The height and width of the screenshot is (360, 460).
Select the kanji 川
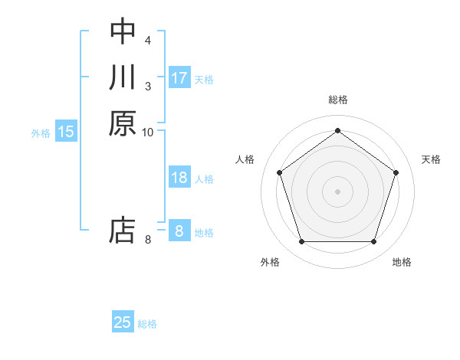point(123,77)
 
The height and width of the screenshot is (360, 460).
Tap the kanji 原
point(123,124)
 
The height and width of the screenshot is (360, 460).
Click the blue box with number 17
point(179,78)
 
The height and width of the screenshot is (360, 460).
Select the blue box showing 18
point(179,178)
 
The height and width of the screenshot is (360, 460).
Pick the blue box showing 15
point(66,132)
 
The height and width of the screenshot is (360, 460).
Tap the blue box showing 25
point(123,322)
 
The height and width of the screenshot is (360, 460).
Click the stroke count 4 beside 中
point(147,39)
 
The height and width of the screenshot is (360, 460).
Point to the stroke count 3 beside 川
point(147,86)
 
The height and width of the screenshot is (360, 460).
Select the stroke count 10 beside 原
point(147,133)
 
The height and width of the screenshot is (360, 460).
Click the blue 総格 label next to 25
point(147,324)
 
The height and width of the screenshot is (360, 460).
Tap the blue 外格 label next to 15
point(41,133)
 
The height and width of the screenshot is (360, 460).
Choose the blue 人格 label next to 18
point(204,179)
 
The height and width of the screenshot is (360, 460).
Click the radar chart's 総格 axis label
point(337,100)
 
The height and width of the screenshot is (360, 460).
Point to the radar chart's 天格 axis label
point(432,159)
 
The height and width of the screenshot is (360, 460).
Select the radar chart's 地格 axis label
point(402,263)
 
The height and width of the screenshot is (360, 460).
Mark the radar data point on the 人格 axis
point(279,172)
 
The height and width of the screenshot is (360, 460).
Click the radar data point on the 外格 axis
point(301,242)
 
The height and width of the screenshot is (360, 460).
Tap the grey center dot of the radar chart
point(337,191)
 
